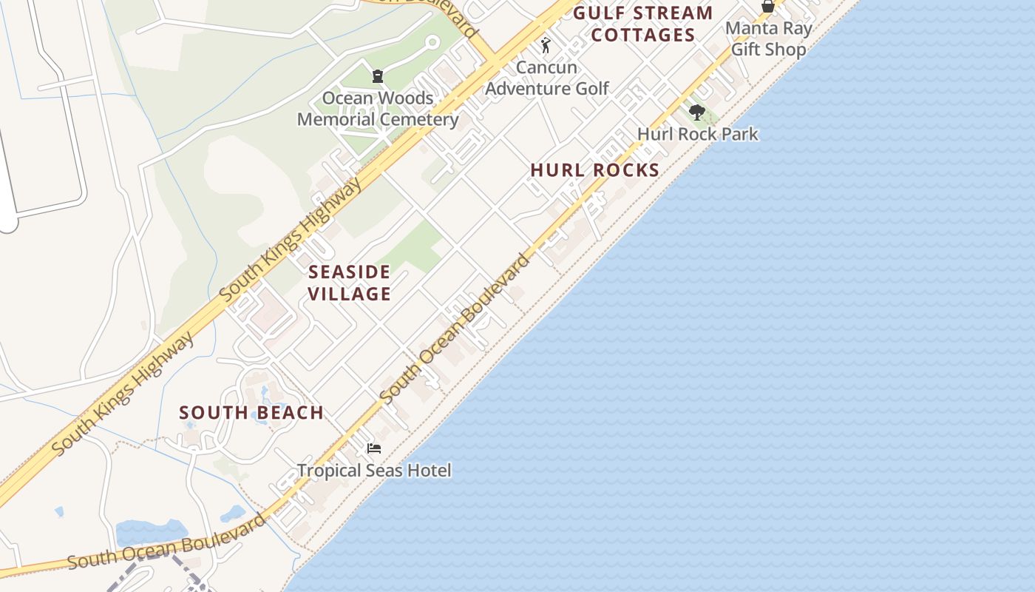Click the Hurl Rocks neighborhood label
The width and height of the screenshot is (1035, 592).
[595, 170]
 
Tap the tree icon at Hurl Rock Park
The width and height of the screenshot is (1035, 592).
[696, 112]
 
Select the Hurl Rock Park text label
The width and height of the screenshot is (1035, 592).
[698, 134]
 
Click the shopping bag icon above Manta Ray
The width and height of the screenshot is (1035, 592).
[768, 7]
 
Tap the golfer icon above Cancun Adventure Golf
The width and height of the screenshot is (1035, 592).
[546, 46]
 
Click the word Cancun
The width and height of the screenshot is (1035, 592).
[546, 67]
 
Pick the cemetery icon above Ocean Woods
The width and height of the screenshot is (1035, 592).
[378, 76]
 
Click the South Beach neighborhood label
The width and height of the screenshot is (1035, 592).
[251, 413]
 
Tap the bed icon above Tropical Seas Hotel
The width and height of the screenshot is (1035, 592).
[374, 448]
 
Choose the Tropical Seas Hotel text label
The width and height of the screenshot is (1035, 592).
[374, 470]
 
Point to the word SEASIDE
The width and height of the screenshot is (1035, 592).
[349, 272]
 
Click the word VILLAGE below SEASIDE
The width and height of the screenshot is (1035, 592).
[349, 294]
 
